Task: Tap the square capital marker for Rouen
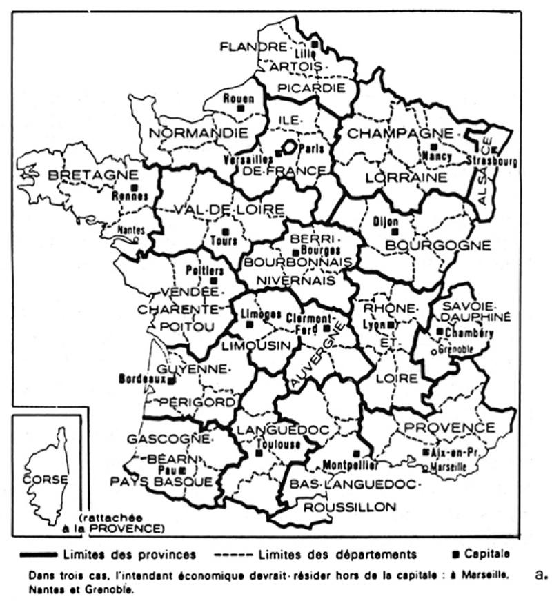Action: (x=240, y=108)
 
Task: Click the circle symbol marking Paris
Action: (x=290, y=147)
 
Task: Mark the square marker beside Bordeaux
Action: (x=171, y=379)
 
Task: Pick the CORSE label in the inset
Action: (x=45, y=478)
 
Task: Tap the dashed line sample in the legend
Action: (x=235, y=554)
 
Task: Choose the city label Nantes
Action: (x=132, y=230)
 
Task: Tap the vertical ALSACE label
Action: (x=483, y=176)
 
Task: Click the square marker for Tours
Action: (x=225, y=232)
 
